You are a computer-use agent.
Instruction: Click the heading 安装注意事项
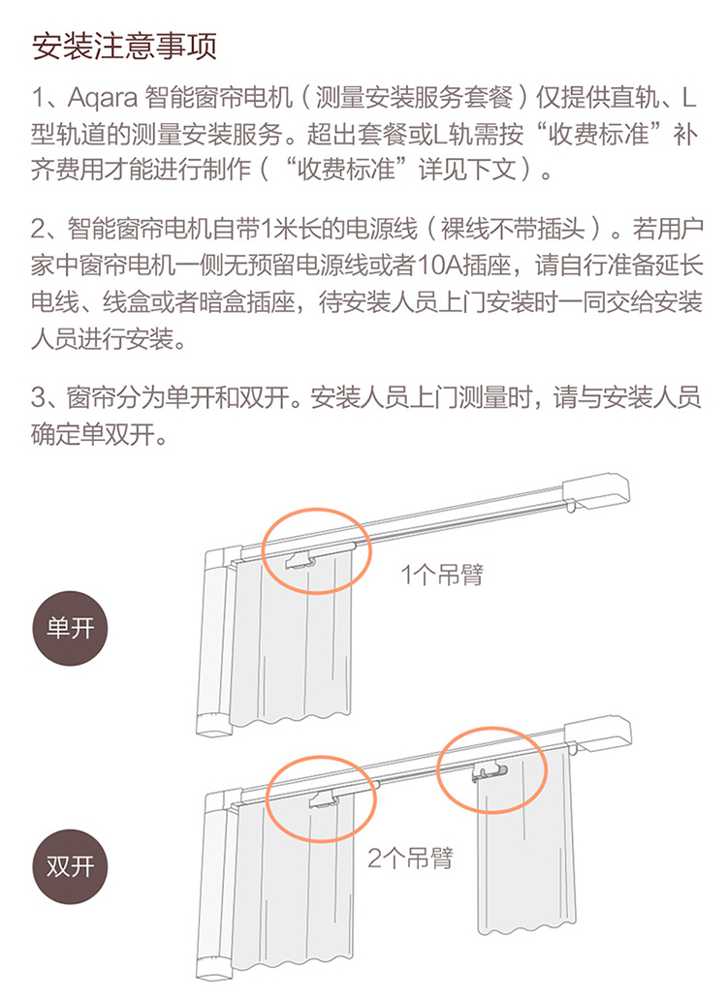coord(125,46)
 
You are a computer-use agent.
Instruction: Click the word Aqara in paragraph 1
coord(103,99)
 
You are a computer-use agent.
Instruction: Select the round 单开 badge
coord(70,628)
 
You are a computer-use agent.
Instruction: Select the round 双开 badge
coord(70,866)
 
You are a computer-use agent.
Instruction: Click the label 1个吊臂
coord(442,575)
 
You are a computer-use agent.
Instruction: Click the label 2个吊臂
coord(411,858)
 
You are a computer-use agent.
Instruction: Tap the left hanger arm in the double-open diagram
coord(325,799)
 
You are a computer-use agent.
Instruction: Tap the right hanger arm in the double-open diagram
coord(489,773)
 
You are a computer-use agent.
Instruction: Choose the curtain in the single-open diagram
coord(292,639)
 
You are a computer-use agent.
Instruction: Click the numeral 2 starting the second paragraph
coord(39,230)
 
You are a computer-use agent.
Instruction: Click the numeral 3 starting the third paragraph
coord(39,397)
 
